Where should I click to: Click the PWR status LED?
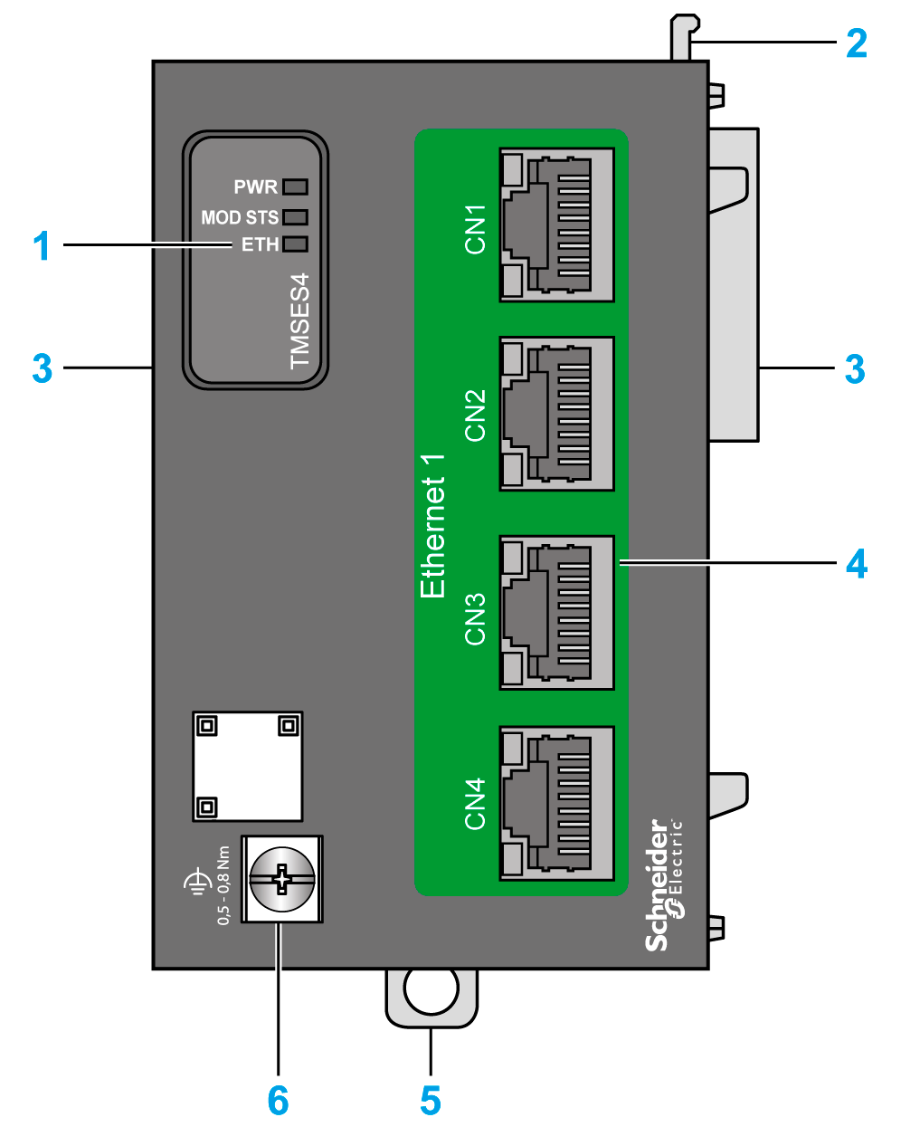click(x=295, y=187)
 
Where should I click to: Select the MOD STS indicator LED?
click(x=295, y=217)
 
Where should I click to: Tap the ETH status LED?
click(x=295, y=244)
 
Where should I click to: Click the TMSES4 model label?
click(x=299, y=320)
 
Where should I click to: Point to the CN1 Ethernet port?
click(x=556, y=224)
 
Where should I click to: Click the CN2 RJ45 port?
click(x=556, y=414)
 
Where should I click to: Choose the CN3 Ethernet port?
click(x=556, y=613)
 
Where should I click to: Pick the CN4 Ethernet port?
click(x=556, y=803)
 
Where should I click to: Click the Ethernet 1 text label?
click(x=433, y=526)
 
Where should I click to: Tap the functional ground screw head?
click(x=282, y=879)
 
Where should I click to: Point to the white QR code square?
click(x=247, y=766)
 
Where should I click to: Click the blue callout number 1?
click(x=42, y=245)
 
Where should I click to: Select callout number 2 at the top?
click(x=856, y=43)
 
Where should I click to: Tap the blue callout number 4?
click(x=857, y=564)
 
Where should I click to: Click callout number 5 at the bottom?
click(x=431, y=1101)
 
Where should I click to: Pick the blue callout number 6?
click(x=278, y=1101)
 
